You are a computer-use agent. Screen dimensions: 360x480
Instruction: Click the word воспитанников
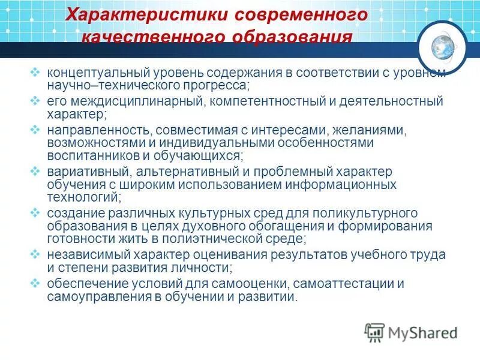[88, 155]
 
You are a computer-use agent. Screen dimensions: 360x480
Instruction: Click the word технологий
[83, 197]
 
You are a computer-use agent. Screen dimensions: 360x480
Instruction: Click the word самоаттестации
[346, 283]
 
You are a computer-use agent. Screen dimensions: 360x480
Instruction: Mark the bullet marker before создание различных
[35, 213]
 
